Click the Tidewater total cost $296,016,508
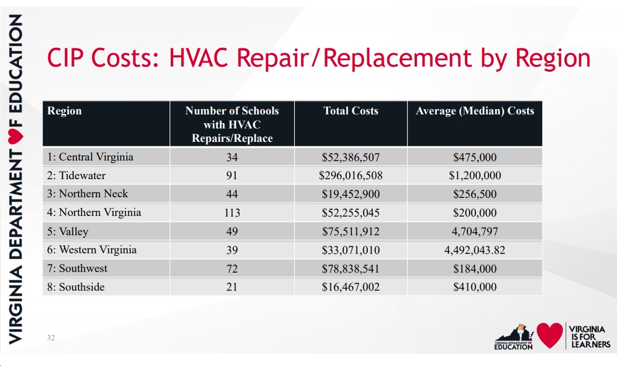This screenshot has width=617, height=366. point(350,175)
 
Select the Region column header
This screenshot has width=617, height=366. point(64,111)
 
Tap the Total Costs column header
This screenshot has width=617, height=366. point(350,111)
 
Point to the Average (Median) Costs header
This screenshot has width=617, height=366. point(475,111)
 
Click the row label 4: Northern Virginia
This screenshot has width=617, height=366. point(94,212)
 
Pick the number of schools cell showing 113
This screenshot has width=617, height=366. point(232,212)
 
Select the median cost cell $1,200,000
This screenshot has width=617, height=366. point(475,175)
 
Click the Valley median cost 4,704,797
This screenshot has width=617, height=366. point(475,231)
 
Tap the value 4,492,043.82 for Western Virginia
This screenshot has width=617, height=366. point(475,250)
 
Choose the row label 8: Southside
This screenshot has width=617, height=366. point(76,287)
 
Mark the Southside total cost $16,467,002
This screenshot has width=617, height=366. point(350,287)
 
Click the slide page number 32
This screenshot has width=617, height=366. point(51,338)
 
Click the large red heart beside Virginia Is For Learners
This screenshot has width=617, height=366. point(550,335)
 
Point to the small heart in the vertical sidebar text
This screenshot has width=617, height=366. point(15,135)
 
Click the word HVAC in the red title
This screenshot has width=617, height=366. point(199,57)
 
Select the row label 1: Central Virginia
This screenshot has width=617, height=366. point(90,156)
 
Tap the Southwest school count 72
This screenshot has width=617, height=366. point(232,269)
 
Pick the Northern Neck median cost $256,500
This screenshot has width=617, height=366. point(475,194)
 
